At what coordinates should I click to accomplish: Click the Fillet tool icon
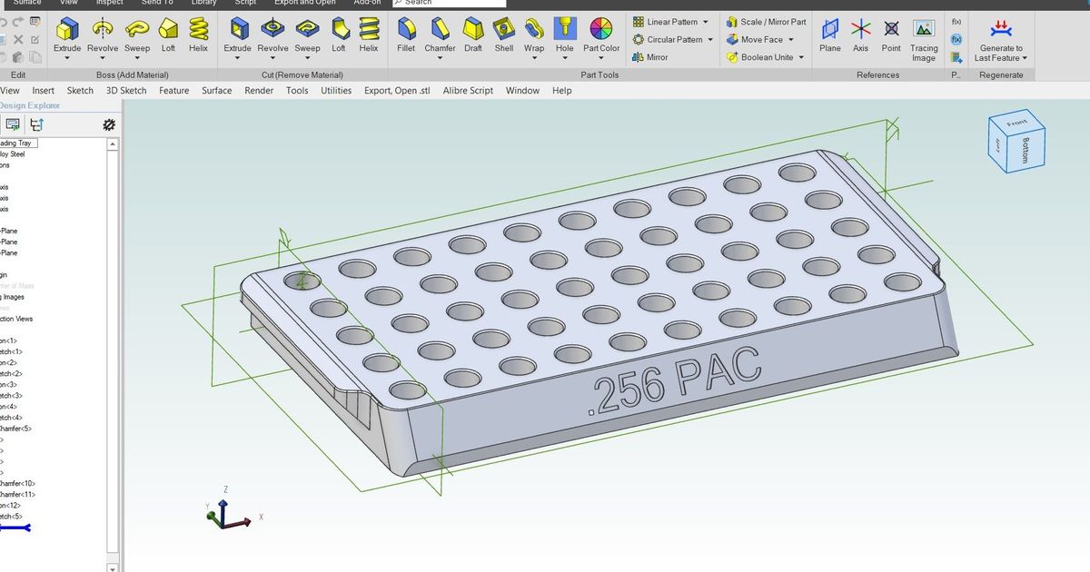pyautogui.click(x=406, y=30)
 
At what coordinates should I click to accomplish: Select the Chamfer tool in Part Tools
pyautogui.click(x=441, y=30)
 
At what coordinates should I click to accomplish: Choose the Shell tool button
pyautogui.click(x=504, y=30)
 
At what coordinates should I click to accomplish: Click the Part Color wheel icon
pyautogui.click(x=601, y=29)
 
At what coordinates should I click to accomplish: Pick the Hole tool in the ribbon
pyautogui.click(x=564, y=30)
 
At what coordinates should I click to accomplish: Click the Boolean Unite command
pyautogui.click(x=765, y=57)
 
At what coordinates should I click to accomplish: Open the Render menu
pyautogui.click(x=259, y=91)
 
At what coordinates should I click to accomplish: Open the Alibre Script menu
pyautogui.click(x=468, y=91)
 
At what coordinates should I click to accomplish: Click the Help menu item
pyautogui.click(x=562, y=91)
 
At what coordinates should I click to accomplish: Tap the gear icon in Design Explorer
pyautogui.click(x=109, y=125)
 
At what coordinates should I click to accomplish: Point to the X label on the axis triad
pyautogui.click(x=262, y=517)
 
